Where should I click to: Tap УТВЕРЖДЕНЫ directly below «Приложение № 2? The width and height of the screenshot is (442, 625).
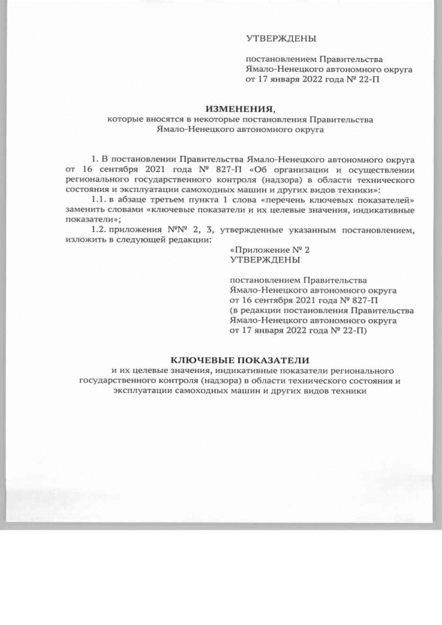[x=265, y=260]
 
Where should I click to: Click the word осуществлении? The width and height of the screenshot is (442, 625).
[x=378, y=169]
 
